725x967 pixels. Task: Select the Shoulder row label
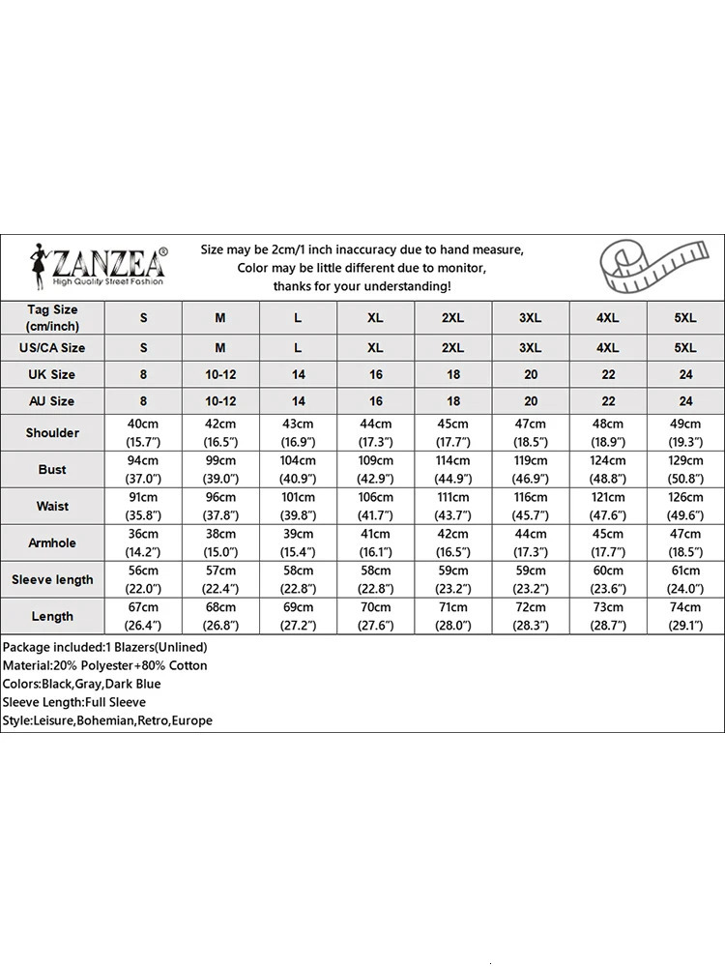tap(52, 432)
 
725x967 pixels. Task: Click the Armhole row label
tap(52, 542)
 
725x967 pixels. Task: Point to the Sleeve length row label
tap(52, 579)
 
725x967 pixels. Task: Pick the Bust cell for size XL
tap(376, 469)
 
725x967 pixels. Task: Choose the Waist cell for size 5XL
tap(685, 506)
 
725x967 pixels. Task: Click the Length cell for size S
tap(143, 616)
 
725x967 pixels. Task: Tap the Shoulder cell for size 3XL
tap(531, 432)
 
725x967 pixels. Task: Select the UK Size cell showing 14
tap(298, 374)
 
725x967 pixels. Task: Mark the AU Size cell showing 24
tap(685, 401)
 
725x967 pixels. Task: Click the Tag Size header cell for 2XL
tap(453, 318)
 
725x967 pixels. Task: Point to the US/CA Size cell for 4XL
tap(608, 347)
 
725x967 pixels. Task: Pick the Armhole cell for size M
tap(220, 542)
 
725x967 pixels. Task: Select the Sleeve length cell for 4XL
tap(608, 579)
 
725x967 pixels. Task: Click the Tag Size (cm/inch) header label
tap(52, 318)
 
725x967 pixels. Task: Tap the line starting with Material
tap(104, 665)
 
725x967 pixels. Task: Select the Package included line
tap(104, 647)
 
